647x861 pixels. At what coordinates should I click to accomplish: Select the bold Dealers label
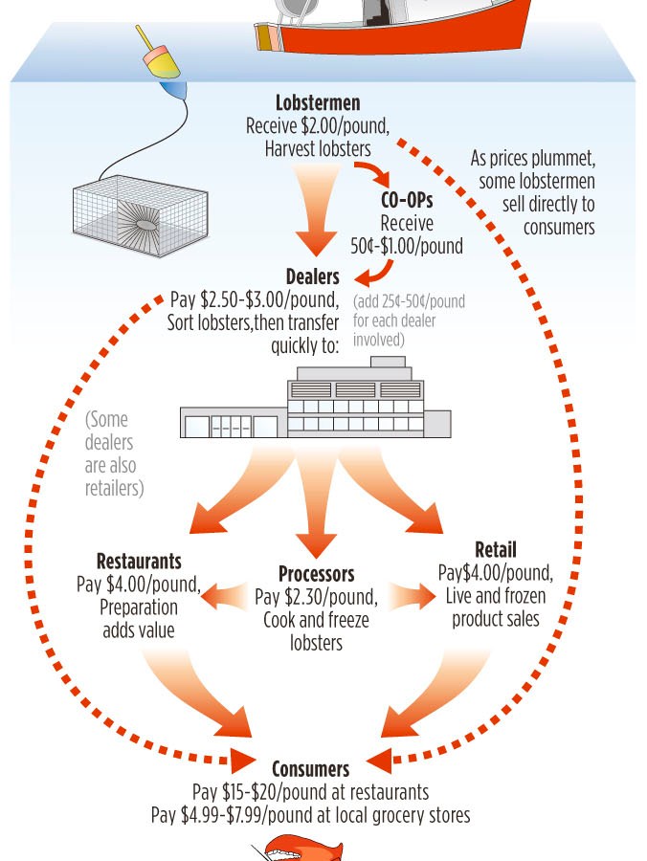312,277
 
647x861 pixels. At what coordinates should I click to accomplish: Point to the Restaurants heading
139,561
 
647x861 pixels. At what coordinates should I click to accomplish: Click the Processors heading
317,575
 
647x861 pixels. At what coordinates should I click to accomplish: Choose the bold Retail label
495,550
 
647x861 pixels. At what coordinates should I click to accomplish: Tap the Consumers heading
310,769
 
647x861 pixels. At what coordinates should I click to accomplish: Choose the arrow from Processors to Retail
406,597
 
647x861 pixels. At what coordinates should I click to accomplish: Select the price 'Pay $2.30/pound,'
316,598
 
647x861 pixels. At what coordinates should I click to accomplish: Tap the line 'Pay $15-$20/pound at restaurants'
310,793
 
